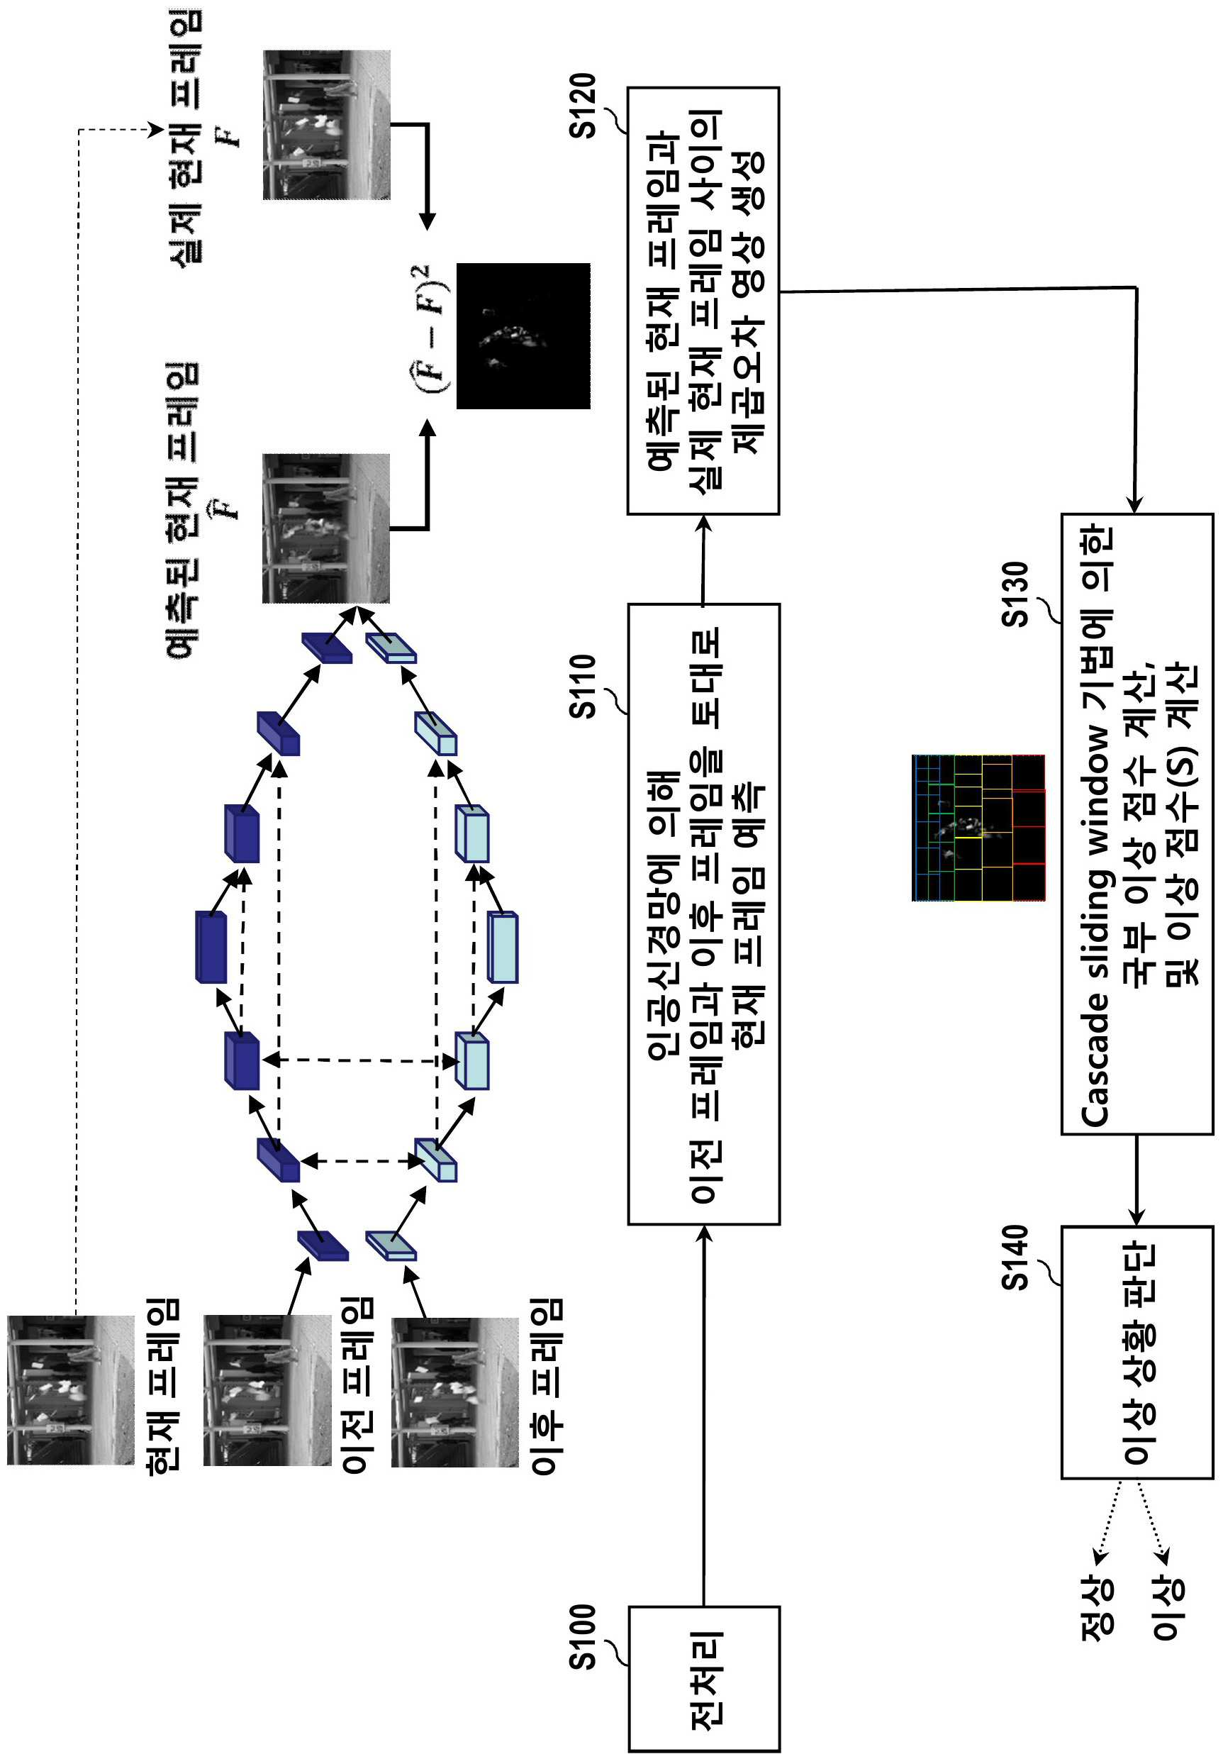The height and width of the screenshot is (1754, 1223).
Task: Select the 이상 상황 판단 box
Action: pyautogui.click(x=1137, y=1352)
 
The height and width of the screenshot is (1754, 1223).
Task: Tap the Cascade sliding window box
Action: pyautogui.click(x=1137, y=823)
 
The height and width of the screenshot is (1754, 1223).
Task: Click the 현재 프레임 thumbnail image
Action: pyautogui.click(x=71, y=1389)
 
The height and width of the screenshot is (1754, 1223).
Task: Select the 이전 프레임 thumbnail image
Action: pyautogui.click(x=267, y=1389)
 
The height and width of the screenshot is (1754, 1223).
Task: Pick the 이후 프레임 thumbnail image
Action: pyautogui.click(x=455, y=1392)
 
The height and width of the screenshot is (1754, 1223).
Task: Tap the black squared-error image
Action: pyautogui.click(x=523, y=335)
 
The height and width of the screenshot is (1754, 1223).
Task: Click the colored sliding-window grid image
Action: pyautogui.click(x=978, y=827)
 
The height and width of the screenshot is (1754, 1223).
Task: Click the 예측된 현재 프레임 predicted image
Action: pyautogui.click(x=326, y=528)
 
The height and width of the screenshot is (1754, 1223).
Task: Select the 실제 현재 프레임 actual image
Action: pyautogui.click(x=326, y=126)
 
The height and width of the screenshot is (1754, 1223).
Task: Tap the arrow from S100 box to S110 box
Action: pyautogui.click(x=703, y=1416)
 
